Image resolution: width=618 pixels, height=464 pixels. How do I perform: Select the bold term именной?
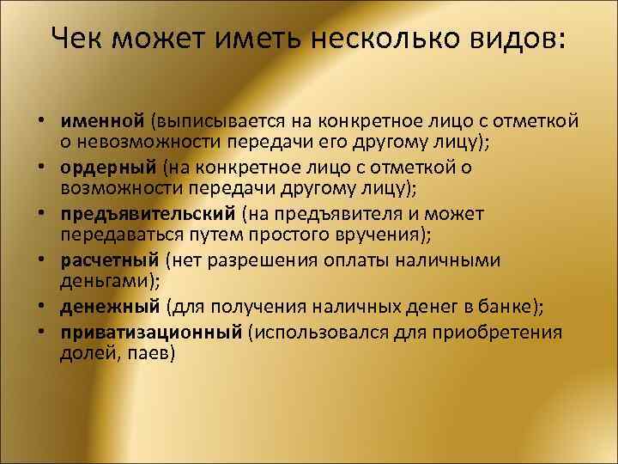(104, 119)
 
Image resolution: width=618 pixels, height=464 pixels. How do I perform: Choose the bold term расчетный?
(110, 259)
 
